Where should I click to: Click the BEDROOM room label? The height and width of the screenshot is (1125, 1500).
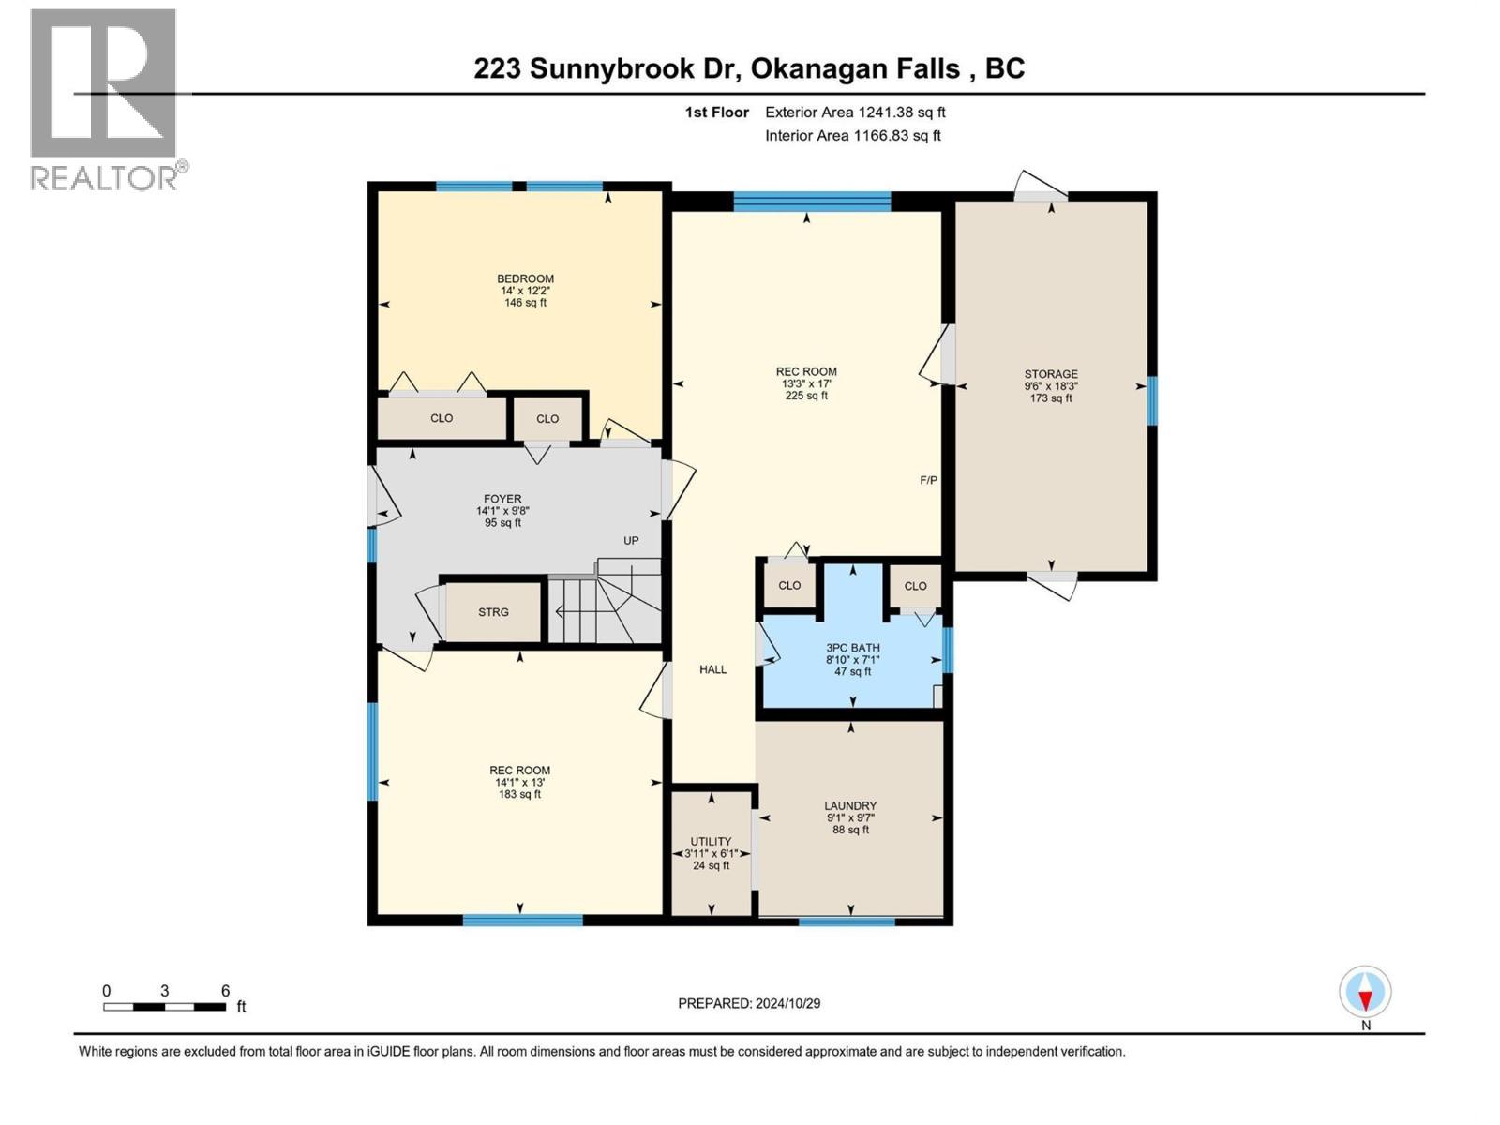pos(525,279)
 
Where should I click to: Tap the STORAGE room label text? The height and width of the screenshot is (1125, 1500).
pos(1050,374)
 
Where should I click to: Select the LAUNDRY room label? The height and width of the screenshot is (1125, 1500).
pos(850,806)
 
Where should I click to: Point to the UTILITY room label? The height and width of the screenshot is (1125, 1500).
pos(711,842)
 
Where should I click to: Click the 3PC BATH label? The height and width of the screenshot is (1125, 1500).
pos(852,648)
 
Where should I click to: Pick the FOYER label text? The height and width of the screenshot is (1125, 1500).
pos(502,500)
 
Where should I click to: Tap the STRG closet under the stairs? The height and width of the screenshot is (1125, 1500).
pos(493,612)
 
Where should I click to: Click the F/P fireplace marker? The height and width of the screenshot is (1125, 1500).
pos(928,480)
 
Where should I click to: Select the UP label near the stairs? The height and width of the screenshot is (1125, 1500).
pos(631,541)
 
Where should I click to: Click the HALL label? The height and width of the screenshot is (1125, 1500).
pos(712,669)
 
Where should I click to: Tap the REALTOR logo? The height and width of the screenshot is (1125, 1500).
pos(105,98)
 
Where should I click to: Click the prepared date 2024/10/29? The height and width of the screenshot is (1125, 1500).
pos(749,1003)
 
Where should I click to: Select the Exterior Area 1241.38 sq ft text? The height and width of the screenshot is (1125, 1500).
pos(855,112)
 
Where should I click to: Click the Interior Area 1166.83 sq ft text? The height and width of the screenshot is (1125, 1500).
pos(852,136)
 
